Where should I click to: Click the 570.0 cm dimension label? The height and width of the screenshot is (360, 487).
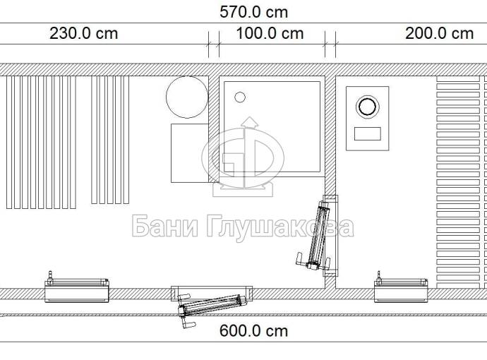254,13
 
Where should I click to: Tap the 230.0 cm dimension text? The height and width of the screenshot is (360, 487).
84,34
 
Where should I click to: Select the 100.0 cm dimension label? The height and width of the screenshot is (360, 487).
270,34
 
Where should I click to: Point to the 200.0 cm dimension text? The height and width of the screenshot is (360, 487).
439,34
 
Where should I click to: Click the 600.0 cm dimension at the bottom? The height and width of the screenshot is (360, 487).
254,331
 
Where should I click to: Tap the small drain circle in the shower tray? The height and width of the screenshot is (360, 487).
240,97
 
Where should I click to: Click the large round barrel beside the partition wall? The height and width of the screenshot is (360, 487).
187,97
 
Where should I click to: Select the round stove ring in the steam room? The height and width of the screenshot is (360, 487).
368,107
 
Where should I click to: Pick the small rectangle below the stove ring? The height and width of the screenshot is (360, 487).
368,134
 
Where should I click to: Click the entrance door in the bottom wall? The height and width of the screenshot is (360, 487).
212,305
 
